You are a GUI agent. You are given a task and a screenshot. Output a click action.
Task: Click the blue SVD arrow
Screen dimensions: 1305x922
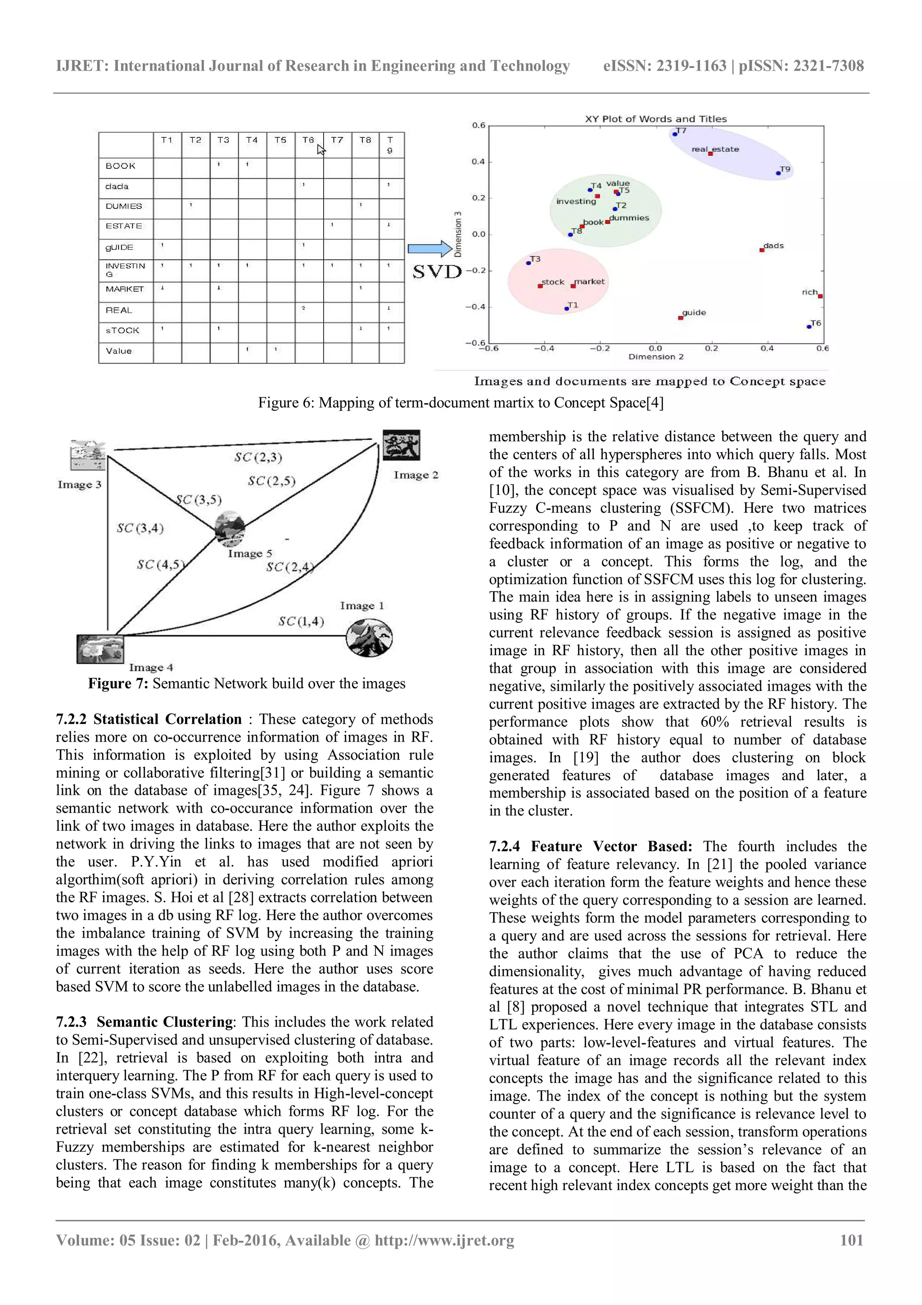click(429, 249)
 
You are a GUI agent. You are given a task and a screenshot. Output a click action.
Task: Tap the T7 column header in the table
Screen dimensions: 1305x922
click(337, 140)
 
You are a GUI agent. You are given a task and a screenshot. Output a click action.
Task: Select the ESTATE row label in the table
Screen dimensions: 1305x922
click(124, 226)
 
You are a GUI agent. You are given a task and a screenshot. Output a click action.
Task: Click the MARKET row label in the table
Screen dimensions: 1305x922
click(124, 289)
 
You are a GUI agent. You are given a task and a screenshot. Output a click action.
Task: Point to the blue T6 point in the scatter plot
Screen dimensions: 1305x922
click(809, 326)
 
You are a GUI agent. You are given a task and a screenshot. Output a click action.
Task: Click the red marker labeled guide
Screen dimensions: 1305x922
click(681, 318)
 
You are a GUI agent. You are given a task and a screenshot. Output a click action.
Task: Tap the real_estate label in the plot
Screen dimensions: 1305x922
click(715, 149)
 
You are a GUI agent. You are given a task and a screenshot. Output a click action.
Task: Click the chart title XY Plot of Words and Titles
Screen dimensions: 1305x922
click(655, 119)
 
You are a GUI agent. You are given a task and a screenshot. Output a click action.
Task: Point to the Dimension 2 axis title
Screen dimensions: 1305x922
click(655, 357)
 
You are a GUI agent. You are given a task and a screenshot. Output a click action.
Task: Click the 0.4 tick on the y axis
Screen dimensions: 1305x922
click(478, 162)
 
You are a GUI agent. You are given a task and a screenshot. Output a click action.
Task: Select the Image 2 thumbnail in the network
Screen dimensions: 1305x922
click(401, 445)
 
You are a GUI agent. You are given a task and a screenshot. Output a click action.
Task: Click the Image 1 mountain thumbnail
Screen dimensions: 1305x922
click(369, 638)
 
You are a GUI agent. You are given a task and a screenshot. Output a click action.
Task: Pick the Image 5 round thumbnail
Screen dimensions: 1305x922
click(230, 529)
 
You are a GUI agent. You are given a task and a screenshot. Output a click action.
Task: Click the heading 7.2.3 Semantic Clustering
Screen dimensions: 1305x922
click(145, 1021)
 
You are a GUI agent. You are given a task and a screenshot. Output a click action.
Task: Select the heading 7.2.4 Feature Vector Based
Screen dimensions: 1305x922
click(590, 846)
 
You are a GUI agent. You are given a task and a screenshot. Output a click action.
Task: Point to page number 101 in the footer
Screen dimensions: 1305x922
click(851, 1240)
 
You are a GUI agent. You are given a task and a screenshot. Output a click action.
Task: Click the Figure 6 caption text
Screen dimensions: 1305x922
click(461, 403)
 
